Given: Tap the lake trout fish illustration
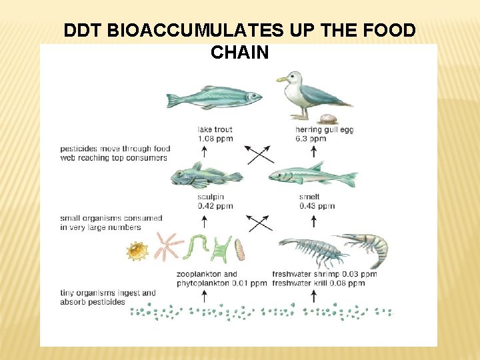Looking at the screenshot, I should [213, 98].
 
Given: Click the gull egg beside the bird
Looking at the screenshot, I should [327, 119].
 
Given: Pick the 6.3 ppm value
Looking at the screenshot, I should [311, 139].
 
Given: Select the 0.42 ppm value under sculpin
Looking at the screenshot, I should [215, 206].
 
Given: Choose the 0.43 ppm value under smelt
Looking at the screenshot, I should [317, 206].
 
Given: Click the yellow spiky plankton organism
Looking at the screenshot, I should [137, 251].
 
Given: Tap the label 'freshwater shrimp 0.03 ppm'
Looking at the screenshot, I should [325, 274].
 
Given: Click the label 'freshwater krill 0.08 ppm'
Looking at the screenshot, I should [318, 283].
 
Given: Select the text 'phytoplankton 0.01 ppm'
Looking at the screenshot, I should [221, 283].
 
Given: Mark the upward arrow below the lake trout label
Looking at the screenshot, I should [204, 152].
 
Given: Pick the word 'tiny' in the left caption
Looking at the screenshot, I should [68, 293].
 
